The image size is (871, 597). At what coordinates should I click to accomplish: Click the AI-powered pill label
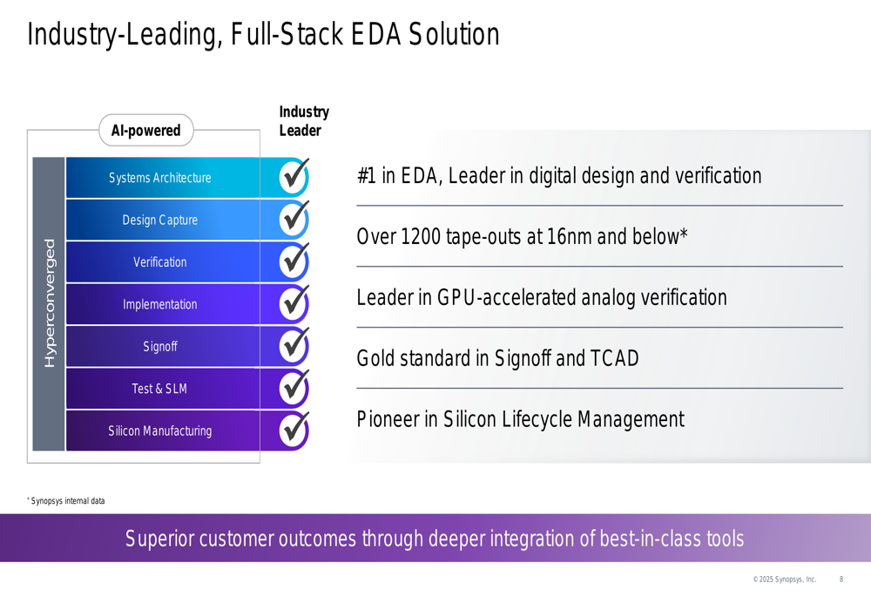146,130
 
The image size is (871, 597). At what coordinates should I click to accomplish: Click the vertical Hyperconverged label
50,303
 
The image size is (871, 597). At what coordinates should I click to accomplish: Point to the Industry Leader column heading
304,121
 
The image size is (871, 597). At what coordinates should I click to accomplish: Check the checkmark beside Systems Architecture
294,176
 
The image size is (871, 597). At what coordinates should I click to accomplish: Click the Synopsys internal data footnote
66,501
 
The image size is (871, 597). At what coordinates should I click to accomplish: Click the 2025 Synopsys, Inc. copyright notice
785,580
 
